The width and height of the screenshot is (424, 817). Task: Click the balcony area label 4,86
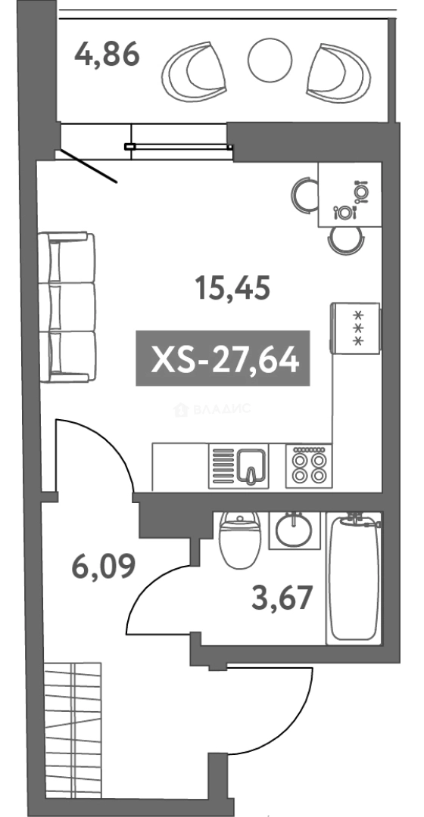[x=107, y=54]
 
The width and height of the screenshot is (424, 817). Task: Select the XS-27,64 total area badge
[x=223, y=358]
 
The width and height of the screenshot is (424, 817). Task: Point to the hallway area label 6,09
[x=103, y=567]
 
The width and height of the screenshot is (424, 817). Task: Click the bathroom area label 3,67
[x=282, y=597]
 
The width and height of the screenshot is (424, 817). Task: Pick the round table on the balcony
[x=270, y=60]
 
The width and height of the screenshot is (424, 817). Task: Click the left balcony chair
[x=194, y=72]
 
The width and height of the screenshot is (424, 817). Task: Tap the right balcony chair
[x=338, y=72]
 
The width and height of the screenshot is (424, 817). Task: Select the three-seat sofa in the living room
[x=67, y=307]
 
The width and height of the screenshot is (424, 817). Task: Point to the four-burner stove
[x=309, y=466]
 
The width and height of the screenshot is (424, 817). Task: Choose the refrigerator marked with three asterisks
[x=356, y=328]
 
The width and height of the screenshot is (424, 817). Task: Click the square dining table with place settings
[x=350, y=194]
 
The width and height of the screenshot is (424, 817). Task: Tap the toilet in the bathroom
[x=239, y=539]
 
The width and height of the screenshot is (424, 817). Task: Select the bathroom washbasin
[x=294, y=530]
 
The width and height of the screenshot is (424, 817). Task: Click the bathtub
[x=354, y=579]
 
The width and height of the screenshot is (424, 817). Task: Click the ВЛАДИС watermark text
[x=212, y=409]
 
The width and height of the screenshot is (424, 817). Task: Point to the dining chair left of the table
[x=304, y=194]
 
